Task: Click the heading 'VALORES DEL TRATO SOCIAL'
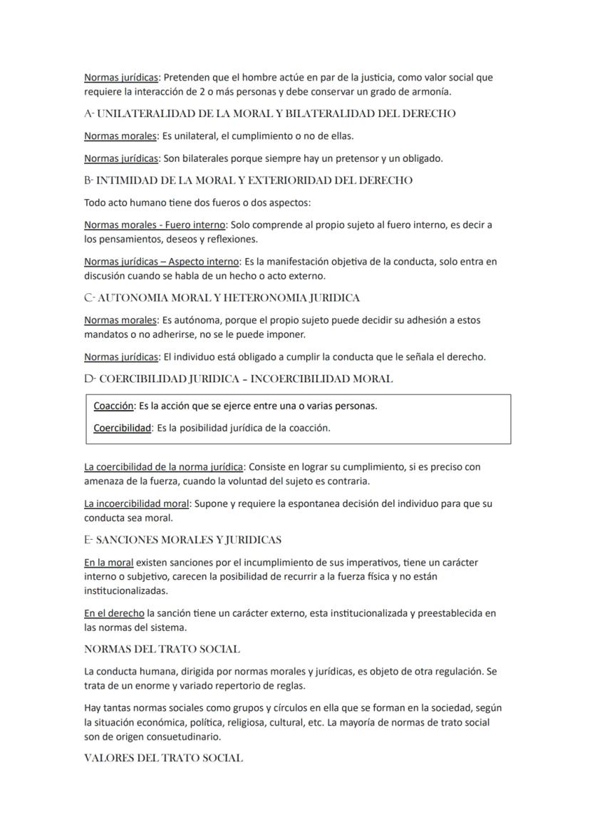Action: coord(163,758)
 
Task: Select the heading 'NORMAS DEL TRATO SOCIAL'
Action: coord(162,649)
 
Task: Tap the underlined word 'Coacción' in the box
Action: coord(113,406)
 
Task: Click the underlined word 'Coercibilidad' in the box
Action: coord(123,428)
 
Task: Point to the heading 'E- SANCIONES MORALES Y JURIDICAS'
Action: coord(182,540)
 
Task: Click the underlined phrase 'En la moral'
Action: coord(108,563)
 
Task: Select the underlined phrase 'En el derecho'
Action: coord(114,613)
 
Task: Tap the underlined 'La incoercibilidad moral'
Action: coord(136,503)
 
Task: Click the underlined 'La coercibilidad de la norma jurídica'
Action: coord(164,467)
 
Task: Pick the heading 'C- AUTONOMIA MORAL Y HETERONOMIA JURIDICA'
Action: coord(222,297)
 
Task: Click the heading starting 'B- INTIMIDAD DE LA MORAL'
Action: coord(248,180)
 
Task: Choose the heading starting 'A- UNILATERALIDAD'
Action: coord(269,113)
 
